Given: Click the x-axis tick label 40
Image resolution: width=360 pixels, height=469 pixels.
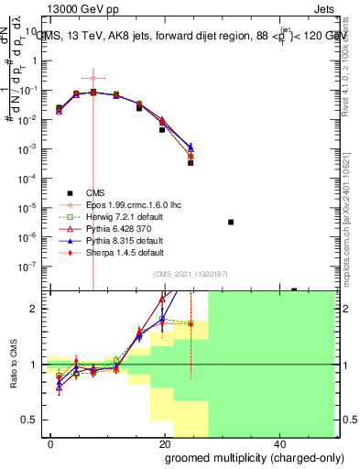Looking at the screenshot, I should (x=278, y=443).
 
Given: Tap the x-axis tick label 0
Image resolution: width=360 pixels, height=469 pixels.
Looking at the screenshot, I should (x=50, y=443).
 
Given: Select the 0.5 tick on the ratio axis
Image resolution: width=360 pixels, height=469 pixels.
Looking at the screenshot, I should (x=34, y=420).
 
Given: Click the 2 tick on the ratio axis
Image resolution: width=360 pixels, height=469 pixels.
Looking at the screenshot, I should (x=38, y=309).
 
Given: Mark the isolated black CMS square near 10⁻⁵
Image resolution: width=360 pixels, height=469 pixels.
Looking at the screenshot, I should (x=231, y=222).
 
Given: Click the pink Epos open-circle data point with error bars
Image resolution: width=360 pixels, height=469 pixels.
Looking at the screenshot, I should (x=93, y=78).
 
